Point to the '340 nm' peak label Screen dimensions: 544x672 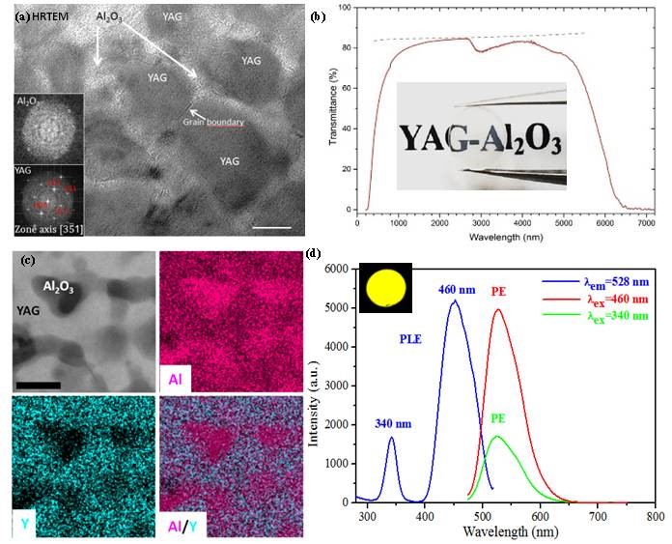point(392,423)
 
